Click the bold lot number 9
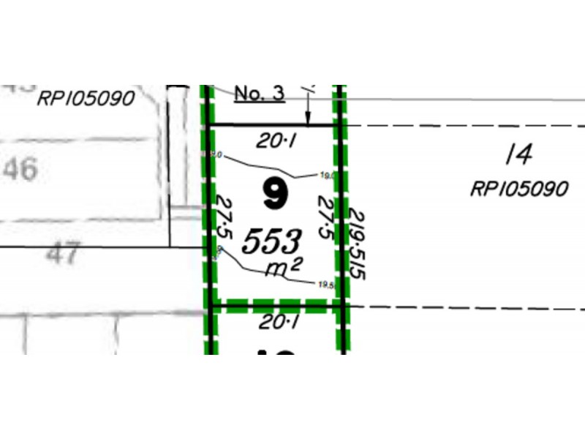[x=275, y=194]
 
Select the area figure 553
[x=272, y=241]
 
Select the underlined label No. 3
[x=260, y=94]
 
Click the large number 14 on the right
[x=518, y=154]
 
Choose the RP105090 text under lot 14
[x=518, y=190]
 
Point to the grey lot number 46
[x=20, y=170]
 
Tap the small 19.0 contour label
[x=327, y=175]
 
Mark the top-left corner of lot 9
[x=211, y=126]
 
